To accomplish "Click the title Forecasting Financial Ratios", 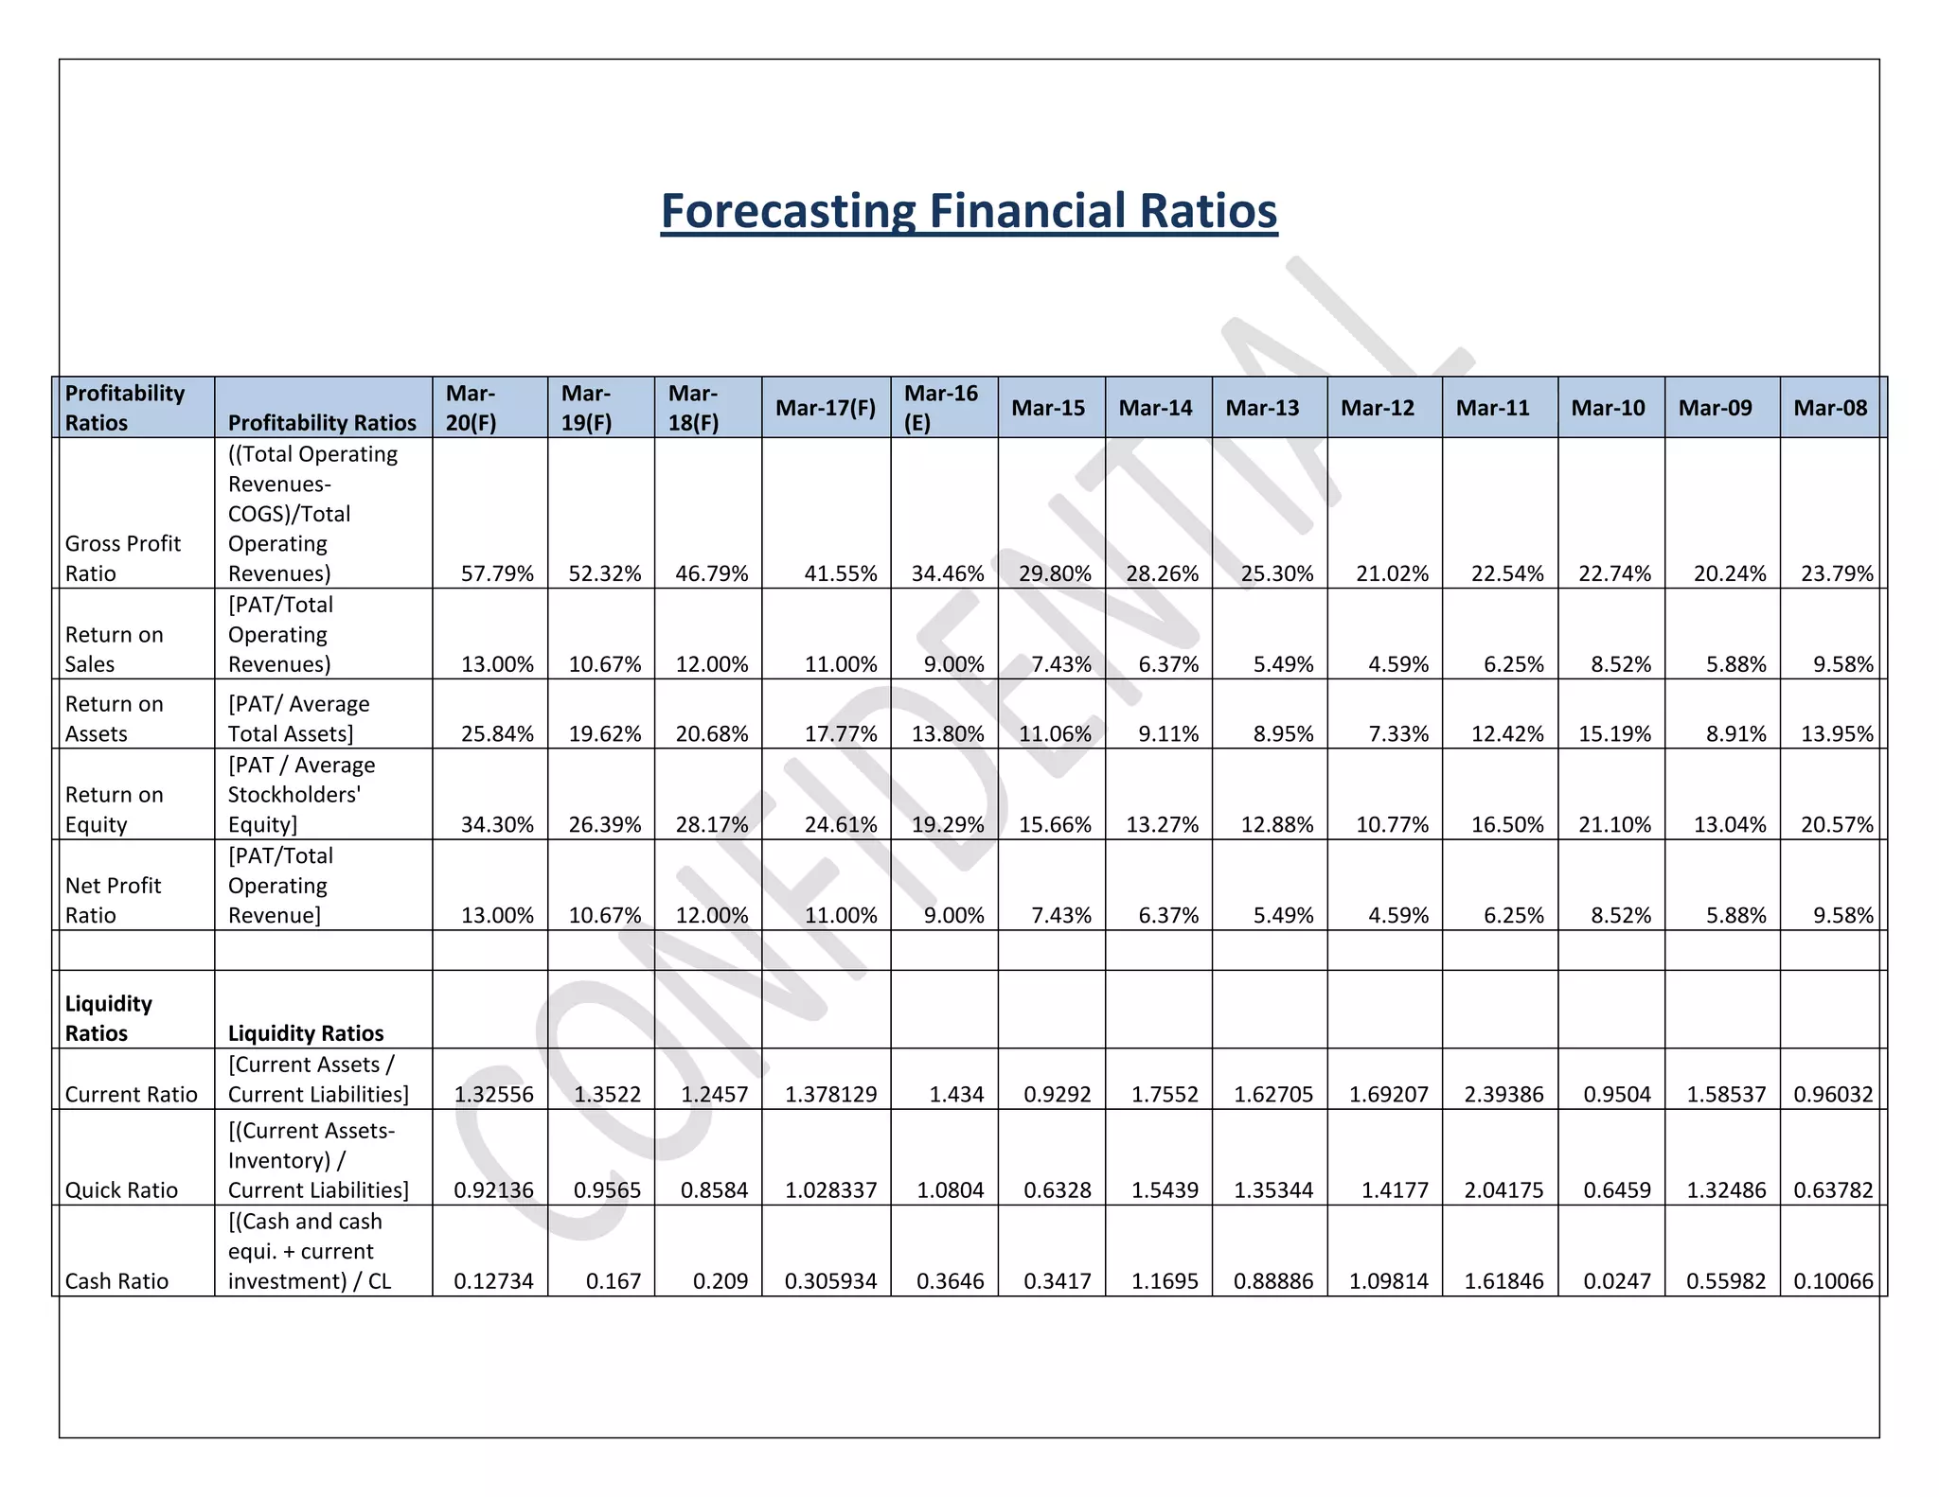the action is [969, 211].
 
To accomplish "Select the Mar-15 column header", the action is [1048, 408].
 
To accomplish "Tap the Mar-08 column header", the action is [1830, 408].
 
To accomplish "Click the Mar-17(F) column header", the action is [826, 408].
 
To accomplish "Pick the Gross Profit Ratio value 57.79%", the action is [497, 573].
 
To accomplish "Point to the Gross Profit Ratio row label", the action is [123, 558].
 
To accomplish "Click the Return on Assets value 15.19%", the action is [1615, 733].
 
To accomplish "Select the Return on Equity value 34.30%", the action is [497, 824].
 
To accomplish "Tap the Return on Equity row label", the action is [114, 809].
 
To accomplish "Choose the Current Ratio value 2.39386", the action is [1503, 1094].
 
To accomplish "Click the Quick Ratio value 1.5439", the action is [1165, 1189].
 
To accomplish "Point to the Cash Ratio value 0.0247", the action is [1617, 1280].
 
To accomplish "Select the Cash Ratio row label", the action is [116, 1280].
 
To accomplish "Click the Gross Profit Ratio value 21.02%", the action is [1393, 573].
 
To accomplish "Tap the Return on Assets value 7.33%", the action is [1398, 733].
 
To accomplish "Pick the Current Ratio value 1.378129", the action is [830, 1094].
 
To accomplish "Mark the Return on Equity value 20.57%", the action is [1837, 824].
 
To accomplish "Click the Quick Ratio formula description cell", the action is [319, 1160].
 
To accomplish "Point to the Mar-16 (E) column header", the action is [941, 408].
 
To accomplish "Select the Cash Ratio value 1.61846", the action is [1503, 1280].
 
